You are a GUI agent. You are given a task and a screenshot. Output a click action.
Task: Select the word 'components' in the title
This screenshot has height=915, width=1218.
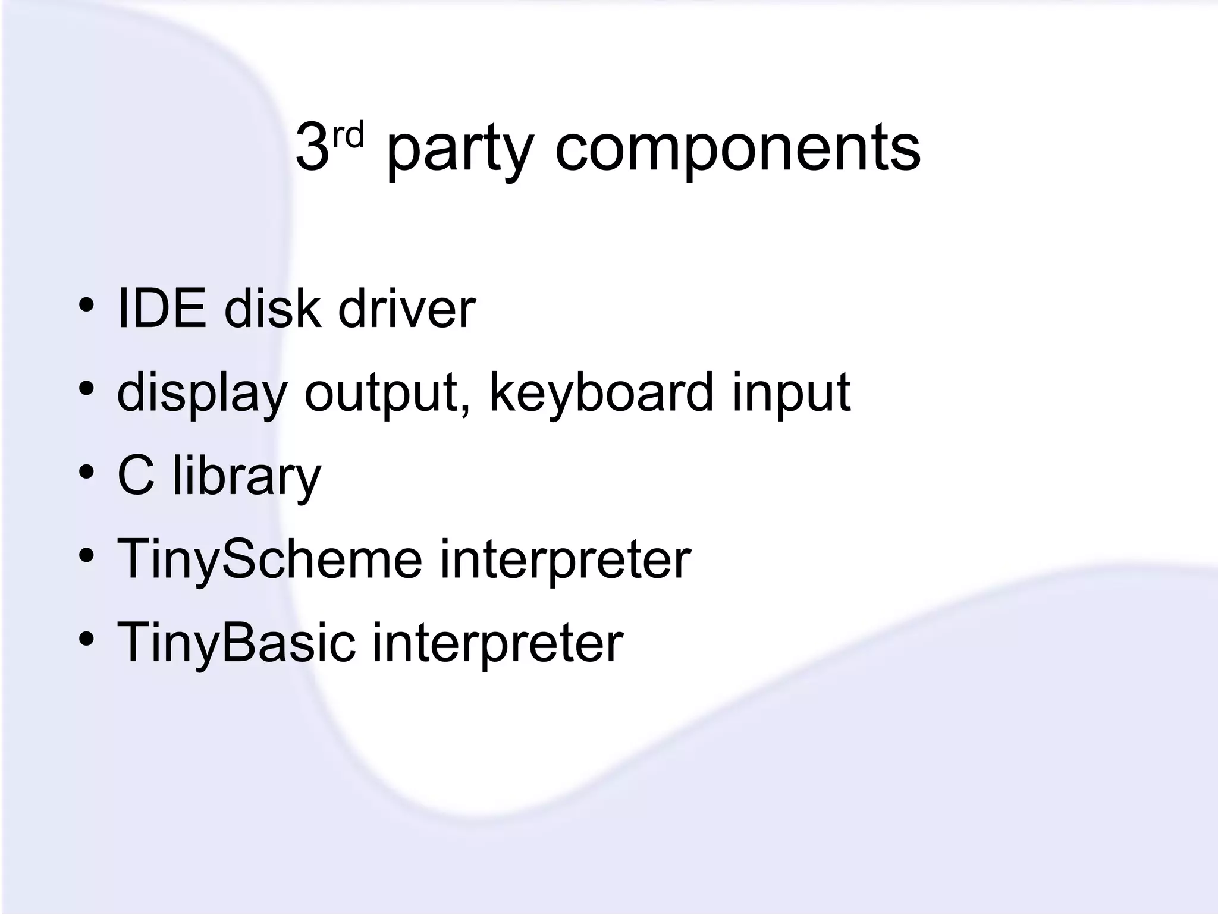pyautogui.click(x=737, y=149)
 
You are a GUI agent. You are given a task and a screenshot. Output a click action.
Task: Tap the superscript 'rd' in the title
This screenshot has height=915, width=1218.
pyautogui.click(x=347, y=135)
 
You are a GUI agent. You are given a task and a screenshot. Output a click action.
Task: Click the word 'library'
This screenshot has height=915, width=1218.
pyautogui.click(x=247, y=476)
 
